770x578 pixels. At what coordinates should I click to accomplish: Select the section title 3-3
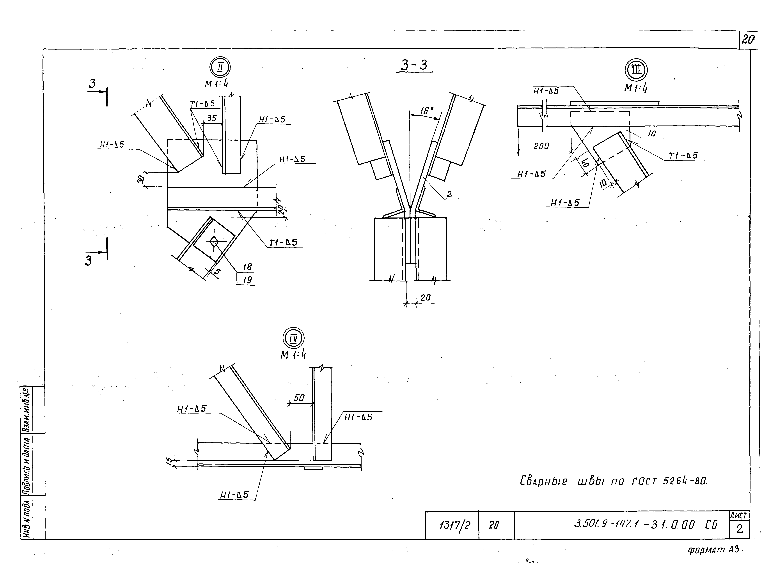[414, 65]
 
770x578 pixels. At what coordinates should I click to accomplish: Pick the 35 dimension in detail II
[212, 118]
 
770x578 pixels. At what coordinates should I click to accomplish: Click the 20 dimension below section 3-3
[425, 297]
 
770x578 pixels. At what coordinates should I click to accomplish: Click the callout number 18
[247, 267]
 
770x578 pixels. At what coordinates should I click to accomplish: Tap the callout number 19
[247, 280]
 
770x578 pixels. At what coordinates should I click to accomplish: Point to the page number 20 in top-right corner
[748, 40]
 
